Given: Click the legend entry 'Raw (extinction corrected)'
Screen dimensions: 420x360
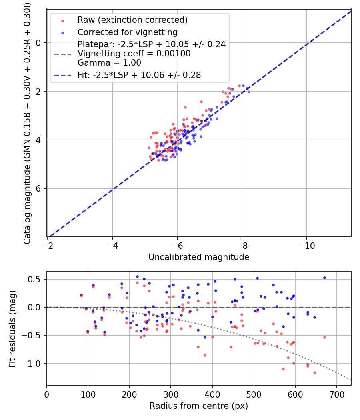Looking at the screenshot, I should click(132, 20).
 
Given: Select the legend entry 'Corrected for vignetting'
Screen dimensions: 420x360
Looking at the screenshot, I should click(128, 32).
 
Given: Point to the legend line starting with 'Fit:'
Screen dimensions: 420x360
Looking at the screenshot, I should click(139, 75).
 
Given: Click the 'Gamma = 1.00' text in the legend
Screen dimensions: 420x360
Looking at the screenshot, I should click(109, 63).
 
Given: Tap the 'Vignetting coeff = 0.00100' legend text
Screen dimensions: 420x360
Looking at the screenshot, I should click(134, 54).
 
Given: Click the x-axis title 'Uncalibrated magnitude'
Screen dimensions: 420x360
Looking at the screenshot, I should click(199, 257).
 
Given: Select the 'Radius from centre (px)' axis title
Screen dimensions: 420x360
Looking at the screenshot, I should click(199, 406).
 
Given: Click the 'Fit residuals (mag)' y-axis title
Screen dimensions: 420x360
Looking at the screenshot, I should click(12, 329).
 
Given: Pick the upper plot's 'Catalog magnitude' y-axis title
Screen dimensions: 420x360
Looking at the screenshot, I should click(27, 122).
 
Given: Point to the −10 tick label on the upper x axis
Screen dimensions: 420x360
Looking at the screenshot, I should click(306, 245).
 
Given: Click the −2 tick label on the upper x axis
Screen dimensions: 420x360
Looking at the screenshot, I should click(48, 245).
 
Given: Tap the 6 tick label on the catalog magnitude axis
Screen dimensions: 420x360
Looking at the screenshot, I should click(38, 188).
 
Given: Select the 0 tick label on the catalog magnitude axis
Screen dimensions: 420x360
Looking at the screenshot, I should click(38, 43).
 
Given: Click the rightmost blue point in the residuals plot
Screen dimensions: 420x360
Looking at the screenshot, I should click(324, 278).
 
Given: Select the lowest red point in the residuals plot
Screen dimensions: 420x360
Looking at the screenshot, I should click(314, 372).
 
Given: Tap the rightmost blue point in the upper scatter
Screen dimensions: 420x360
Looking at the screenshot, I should click(249, 92).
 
